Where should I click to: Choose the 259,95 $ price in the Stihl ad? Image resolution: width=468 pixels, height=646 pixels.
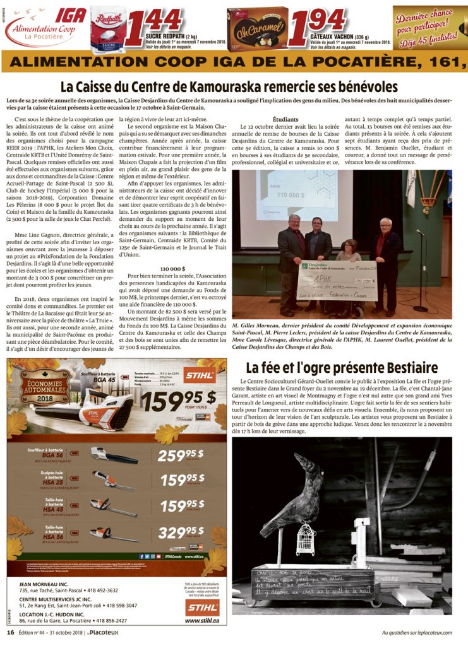(181, 455)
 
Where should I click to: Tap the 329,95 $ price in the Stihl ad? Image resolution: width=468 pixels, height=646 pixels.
(181, 532)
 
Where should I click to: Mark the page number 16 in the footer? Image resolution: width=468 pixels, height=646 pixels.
(10, 633)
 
